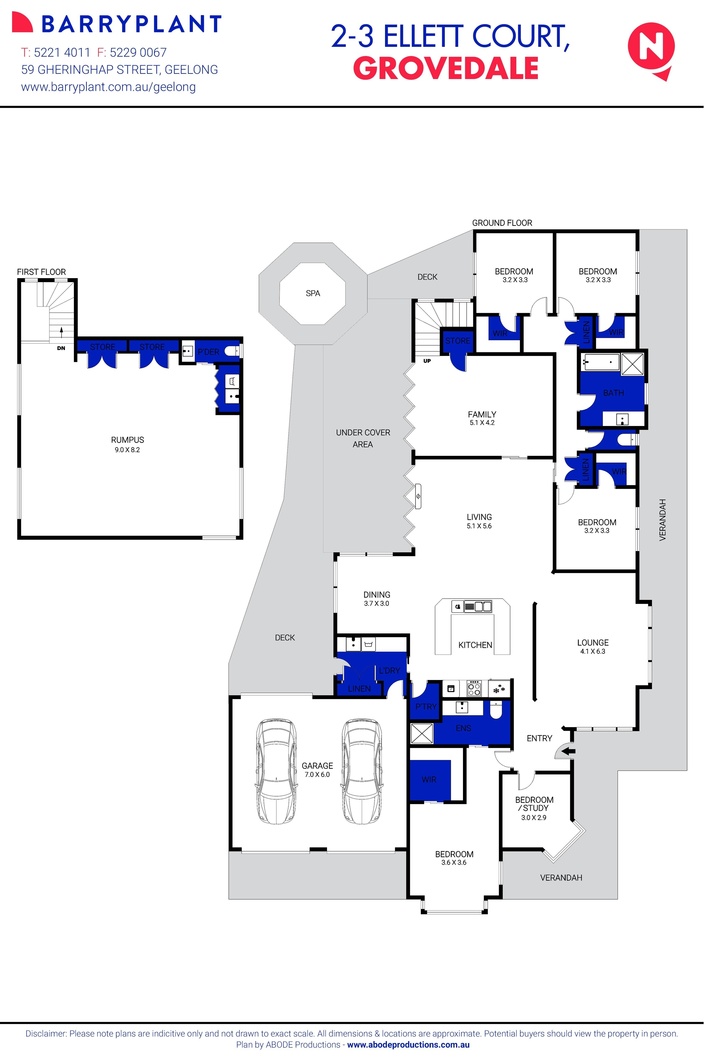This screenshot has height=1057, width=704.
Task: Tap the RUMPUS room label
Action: (128, 440)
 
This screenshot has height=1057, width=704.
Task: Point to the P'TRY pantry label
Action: (426, 707)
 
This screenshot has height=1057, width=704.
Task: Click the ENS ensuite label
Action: (463, 728)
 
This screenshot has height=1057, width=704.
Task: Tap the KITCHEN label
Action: (475, 645)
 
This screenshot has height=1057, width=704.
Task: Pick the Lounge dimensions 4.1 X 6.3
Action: (593, 652)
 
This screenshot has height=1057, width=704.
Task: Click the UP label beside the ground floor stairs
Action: (427, 361)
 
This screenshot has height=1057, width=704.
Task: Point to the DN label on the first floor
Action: (61, 348)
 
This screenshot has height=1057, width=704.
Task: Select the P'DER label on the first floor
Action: (208, 352)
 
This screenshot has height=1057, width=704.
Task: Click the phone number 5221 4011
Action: (62, 52)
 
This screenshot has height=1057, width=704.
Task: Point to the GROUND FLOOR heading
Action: (502, 223)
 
